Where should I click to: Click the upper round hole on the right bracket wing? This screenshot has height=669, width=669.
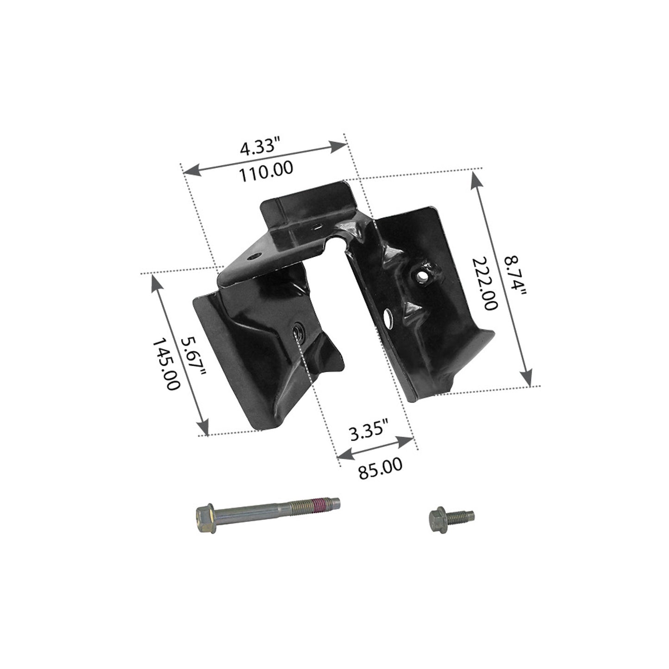[422, 276]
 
